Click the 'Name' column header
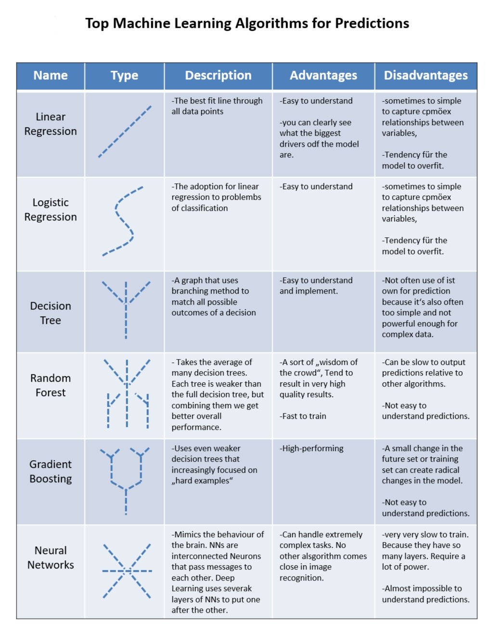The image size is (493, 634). point(51,76)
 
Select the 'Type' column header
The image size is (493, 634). point(124,76)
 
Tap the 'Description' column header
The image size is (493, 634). point(218,76)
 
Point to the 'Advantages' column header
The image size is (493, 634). point(323,76)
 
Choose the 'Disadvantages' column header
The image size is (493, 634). point(426,76)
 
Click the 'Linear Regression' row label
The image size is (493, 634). point(51,124)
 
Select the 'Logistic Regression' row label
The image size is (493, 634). point(51,210)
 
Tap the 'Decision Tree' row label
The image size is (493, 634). point(51,313)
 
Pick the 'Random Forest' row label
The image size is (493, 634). point(51,385)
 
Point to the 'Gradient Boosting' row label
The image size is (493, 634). point(51,471)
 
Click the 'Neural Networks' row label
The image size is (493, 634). point(51,557)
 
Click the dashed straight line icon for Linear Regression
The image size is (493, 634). point(125,131)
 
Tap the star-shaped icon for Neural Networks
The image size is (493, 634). point(127,571)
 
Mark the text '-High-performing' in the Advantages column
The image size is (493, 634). point(311,449)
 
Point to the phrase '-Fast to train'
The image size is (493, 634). point(303,416)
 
